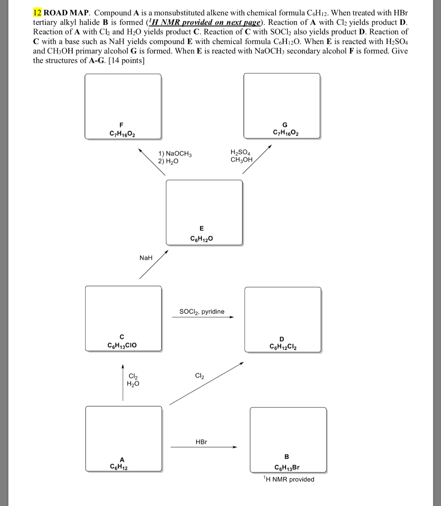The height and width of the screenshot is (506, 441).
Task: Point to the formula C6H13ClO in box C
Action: (121, 345)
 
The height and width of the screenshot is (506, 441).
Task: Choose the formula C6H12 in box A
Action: (122, 465)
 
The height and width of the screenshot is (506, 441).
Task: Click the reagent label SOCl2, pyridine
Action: (201, 311)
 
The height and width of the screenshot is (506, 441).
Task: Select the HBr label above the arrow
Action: (201, 441)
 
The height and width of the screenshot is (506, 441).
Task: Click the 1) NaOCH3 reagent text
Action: (174, 154)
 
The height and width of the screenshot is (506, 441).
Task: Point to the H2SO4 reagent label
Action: (241, 152)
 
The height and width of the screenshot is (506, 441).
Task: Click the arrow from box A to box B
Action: (204, 447)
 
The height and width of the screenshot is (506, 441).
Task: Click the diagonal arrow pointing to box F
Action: (151, 161)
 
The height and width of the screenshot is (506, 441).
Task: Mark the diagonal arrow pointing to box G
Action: (257, 159)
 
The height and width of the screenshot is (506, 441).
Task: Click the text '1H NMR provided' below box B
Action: (289, 479)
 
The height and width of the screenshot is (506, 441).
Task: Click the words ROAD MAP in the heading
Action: (67, 11)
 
